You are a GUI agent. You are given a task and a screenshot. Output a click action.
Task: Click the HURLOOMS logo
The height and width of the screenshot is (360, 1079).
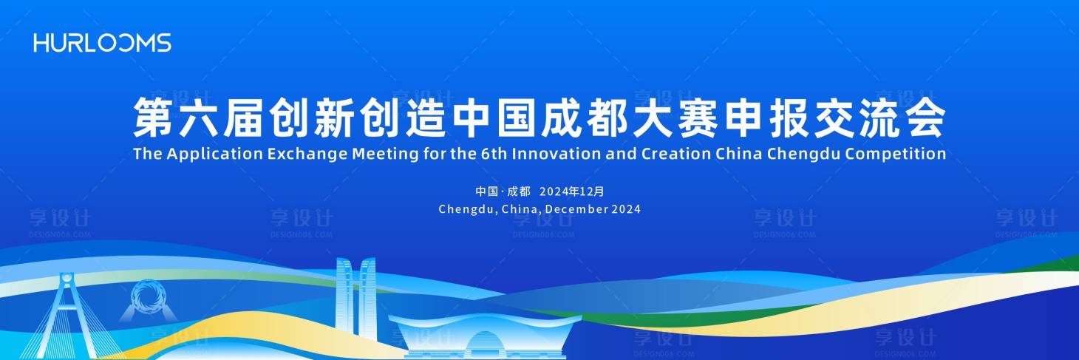(102, 43)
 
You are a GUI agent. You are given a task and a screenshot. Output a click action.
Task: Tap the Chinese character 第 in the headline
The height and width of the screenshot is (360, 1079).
(153, 118)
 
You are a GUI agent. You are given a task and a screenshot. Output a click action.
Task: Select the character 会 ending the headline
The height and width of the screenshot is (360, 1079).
(926, 118)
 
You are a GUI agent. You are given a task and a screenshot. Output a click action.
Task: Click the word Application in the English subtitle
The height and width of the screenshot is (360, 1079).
(215, 154)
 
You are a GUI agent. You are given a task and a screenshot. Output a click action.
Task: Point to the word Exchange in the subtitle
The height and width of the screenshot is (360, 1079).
(307, 154)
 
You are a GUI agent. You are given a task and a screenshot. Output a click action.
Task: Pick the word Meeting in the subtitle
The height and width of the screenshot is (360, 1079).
(385, 154)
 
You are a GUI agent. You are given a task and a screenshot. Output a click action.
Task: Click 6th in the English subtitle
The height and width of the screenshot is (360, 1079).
(494, 154)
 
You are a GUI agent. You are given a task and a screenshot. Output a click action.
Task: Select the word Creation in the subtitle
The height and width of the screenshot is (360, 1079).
(675, 154)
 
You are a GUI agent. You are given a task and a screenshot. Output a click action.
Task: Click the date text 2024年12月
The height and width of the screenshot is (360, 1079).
(572, 191)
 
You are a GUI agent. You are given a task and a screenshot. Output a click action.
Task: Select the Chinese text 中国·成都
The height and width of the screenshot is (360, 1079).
(503, 191)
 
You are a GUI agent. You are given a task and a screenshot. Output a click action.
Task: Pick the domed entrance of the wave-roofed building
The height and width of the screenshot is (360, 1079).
(485, 344)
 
